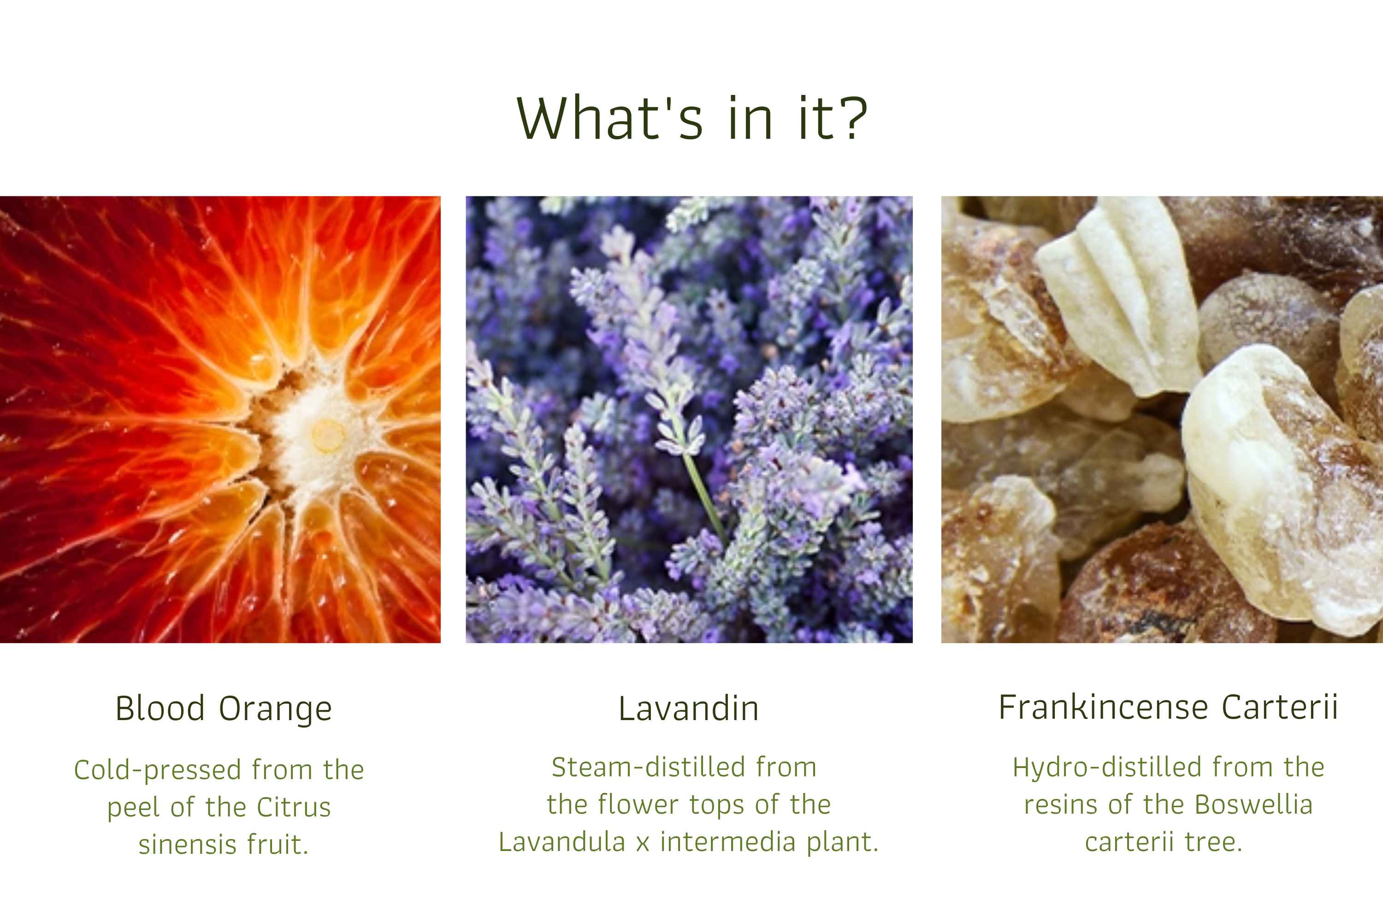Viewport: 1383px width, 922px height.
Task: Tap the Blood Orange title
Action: point(224,709)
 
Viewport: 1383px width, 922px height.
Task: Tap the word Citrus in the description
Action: point(294,807)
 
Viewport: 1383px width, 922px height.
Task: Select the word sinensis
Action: point(187,845)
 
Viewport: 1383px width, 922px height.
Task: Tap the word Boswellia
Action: point(1253,804)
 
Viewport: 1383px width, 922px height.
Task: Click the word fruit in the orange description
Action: point(278,845)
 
